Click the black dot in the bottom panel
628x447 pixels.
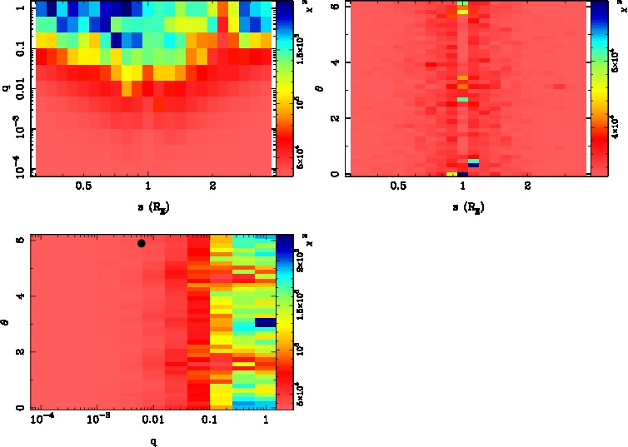tap(142, 243)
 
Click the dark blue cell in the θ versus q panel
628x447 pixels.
tap(265, 322)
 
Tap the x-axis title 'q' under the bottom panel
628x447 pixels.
tap(153, 442)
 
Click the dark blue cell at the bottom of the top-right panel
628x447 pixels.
tap(474, 165)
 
